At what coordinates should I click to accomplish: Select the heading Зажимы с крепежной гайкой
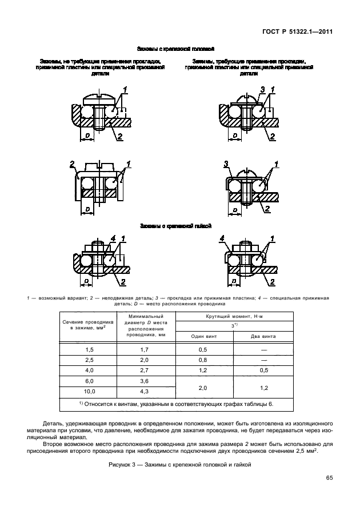point(175,226)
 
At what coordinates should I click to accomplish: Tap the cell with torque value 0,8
point(202,360)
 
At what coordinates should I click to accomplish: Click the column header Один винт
point(202,336)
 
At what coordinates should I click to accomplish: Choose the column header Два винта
point(263,336)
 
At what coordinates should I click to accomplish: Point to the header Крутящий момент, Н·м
point(234,316)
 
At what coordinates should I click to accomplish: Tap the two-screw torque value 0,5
point(263,370)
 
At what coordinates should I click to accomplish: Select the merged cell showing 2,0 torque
point(202,386)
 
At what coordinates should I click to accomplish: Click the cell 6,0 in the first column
point(89,381)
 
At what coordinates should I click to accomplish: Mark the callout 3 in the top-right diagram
point(262,89)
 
